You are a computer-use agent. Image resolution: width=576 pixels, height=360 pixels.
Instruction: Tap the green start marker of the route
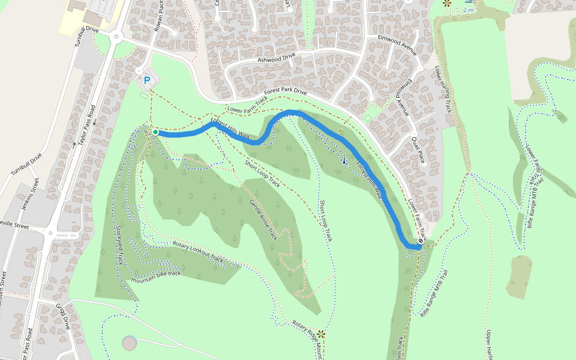(x=155, y=132)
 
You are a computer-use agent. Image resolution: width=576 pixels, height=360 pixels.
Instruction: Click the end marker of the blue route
(x=421, y=241)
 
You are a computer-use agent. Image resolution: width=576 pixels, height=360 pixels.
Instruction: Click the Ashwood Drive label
(x=277, y=58)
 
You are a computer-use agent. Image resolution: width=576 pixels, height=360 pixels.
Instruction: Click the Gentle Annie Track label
(x=264, y=219)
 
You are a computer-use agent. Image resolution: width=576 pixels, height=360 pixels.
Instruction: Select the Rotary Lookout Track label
(x=198, y=252)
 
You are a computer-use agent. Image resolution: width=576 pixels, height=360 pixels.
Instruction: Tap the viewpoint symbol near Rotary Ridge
(x=321, y=334)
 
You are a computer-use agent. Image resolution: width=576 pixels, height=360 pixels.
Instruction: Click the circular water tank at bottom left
(x=129, y=343)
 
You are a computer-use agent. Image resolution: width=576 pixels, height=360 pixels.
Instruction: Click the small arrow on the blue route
(x=344, y=160)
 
